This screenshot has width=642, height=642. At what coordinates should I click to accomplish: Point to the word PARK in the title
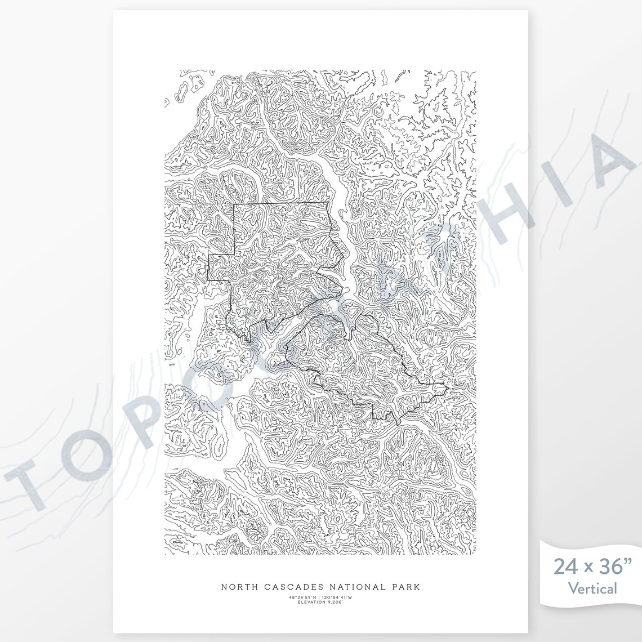(x=405, y=587)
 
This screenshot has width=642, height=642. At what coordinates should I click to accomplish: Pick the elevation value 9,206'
(x=336, y=602)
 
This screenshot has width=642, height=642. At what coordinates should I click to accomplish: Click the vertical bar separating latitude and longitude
(x=320, y=597)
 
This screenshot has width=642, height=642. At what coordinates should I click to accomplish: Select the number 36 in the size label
(x=610, y=567)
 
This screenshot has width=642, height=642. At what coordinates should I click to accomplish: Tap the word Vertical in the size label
(x=592, y=589)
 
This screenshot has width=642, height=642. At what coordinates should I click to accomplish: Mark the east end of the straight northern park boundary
(x=328, y=202)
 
